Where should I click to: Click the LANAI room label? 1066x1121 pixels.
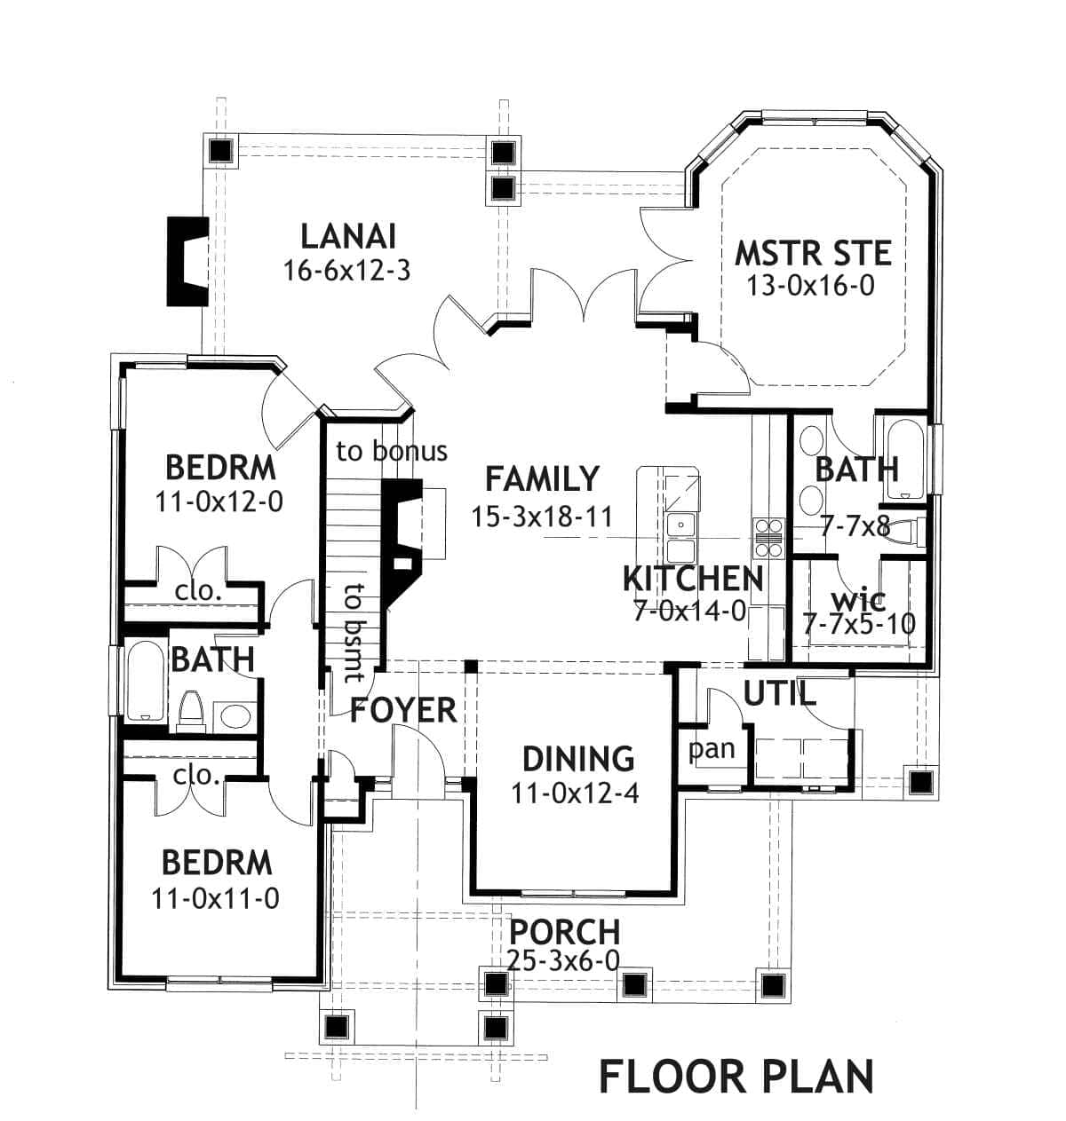pos(347,237)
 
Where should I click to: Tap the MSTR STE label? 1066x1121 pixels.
pos(813,253)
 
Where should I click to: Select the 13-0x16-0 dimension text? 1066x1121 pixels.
pos(810,287)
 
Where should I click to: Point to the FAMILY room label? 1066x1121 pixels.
pos(542,479)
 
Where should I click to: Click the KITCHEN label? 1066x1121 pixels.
pos(692,579)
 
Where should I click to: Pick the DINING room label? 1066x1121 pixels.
pos(578,759)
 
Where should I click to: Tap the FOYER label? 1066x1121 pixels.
pos(403,710)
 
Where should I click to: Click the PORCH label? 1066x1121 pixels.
pos(564,932)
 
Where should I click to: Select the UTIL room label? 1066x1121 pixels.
pos(779,693)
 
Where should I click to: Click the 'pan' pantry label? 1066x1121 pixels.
pos(712,750)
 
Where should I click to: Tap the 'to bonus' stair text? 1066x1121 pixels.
pos(392,451)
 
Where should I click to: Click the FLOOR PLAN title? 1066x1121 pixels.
pos(736,1076)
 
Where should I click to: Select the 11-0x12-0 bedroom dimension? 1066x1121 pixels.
pos(219,501)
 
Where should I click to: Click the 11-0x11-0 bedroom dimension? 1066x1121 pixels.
pos(216,899)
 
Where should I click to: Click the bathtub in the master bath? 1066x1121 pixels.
pos(903,460)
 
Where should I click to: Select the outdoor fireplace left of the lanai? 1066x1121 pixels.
pos(187,262)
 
